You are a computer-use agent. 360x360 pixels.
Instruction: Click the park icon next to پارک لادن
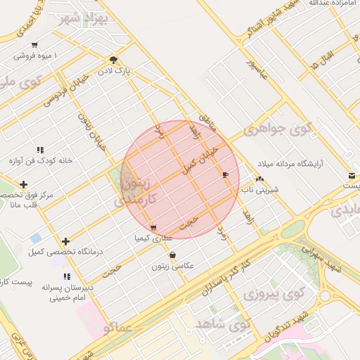click(114, 60)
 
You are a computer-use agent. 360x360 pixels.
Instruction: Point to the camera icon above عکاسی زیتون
click(172, 255)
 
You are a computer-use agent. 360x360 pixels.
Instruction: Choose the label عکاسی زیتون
click(172, 266)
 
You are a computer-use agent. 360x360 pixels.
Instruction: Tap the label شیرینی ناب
click(260, 189)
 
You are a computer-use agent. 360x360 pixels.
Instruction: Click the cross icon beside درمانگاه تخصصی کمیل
click(65, 241)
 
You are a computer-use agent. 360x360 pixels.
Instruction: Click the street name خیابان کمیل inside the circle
click(200, 160)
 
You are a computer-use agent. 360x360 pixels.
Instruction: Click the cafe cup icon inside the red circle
click(225, 174)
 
